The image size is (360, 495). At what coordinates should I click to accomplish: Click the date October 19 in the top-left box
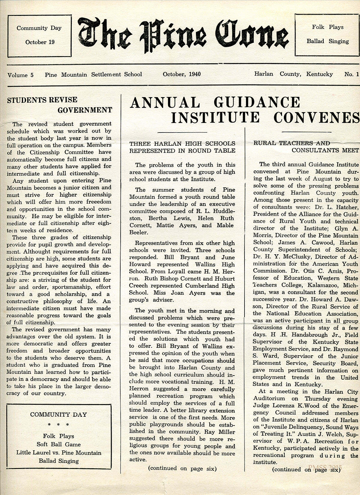click(x=40, y=42)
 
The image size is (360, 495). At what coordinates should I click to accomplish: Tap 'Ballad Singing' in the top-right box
click(x=328, y=41)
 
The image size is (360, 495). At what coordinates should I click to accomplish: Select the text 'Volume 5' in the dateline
click(x=21, y=75)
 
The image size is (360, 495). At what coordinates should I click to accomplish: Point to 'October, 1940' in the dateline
click(x=182, y=74)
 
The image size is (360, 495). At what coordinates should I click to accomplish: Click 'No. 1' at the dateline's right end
click(x=351, y=74)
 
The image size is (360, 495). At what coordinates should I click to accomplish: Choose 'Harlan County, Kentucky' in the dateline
click(x=293, y=74)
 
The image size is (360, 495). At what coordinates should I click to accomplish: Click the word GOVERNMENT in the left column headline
click(x=85, y=110)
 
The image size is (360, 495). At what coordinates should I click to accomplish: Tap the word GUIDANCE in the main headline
click(x=257, y=103)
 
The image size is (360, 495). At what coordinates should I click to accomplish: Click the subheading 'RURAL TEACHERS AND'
click(x=292, y=143)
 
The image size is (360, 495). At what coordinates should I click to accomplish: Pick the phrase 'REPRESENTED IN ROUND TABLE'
click(x=182, y=151)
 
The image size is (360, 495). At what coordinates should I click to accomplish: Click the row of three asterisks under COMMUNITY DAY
click(x=58, y=425)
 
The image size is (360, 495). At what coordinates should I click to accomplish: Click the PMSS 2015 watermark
click(x=325, y=467)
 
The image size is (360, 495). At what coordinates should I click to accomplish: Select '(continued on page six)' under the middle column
click(x=182, y=469)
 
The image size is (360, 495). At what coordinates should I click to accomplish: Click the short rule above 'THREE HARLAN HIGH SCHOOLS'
click(x=182, y=132)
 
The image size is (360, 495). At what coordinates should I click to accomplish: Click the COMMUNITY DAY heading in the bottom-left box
click(x=58, y=415)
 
